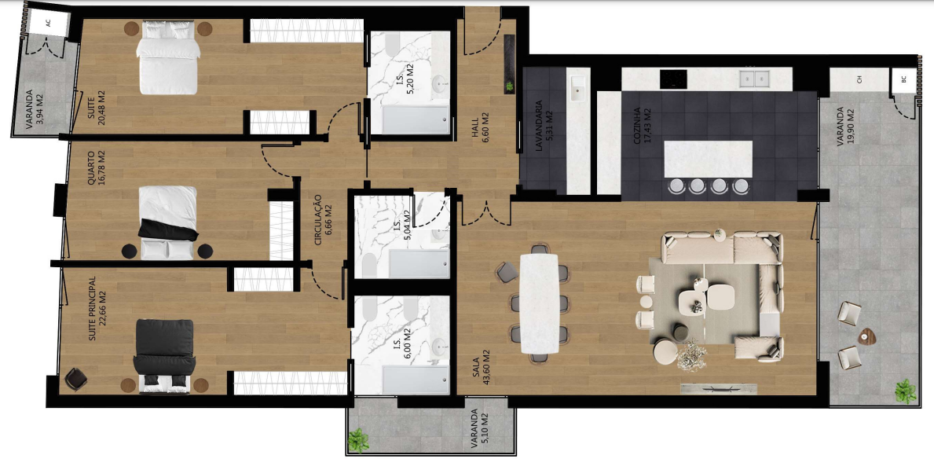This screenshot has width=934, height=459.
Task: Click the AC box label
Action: tap(48, 24)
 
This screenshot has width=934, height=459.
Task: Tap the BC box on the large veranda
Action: tap(903, 79)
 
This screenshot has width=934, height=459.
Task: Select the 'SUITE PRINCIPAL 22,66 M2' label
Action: tap(97, 308)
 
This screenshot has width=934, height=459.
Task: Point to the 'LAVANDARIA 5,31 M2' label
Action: tap(543, 131)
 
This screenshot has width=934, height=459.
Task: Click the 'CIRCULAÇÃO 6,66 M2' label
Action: tap(323, 219)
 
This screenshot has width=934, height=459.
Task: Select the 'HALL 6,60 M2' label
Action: tap(480, 125)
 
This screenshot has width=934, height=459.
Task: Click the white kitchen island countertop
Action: tap(708, 159)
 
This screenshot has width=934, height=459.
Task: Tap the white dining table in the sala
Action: tap(538, 303)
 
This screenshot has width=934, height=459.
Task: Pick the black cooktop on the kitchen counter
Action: tap(673, 79)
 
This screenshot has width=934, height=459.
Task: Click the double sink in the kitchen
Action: tap(754, 79)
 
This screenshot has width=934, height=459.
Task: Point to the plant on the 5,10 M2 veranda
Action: tap(358, 440)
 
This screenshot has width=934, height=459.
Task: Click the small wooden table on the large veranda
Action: tap(866, 337)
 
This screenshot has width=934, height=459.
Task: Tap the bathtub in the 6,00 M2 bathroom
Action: tap(416, 380)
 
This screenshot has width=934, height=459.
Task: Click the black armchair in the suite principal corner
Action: tap(75, 379)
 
